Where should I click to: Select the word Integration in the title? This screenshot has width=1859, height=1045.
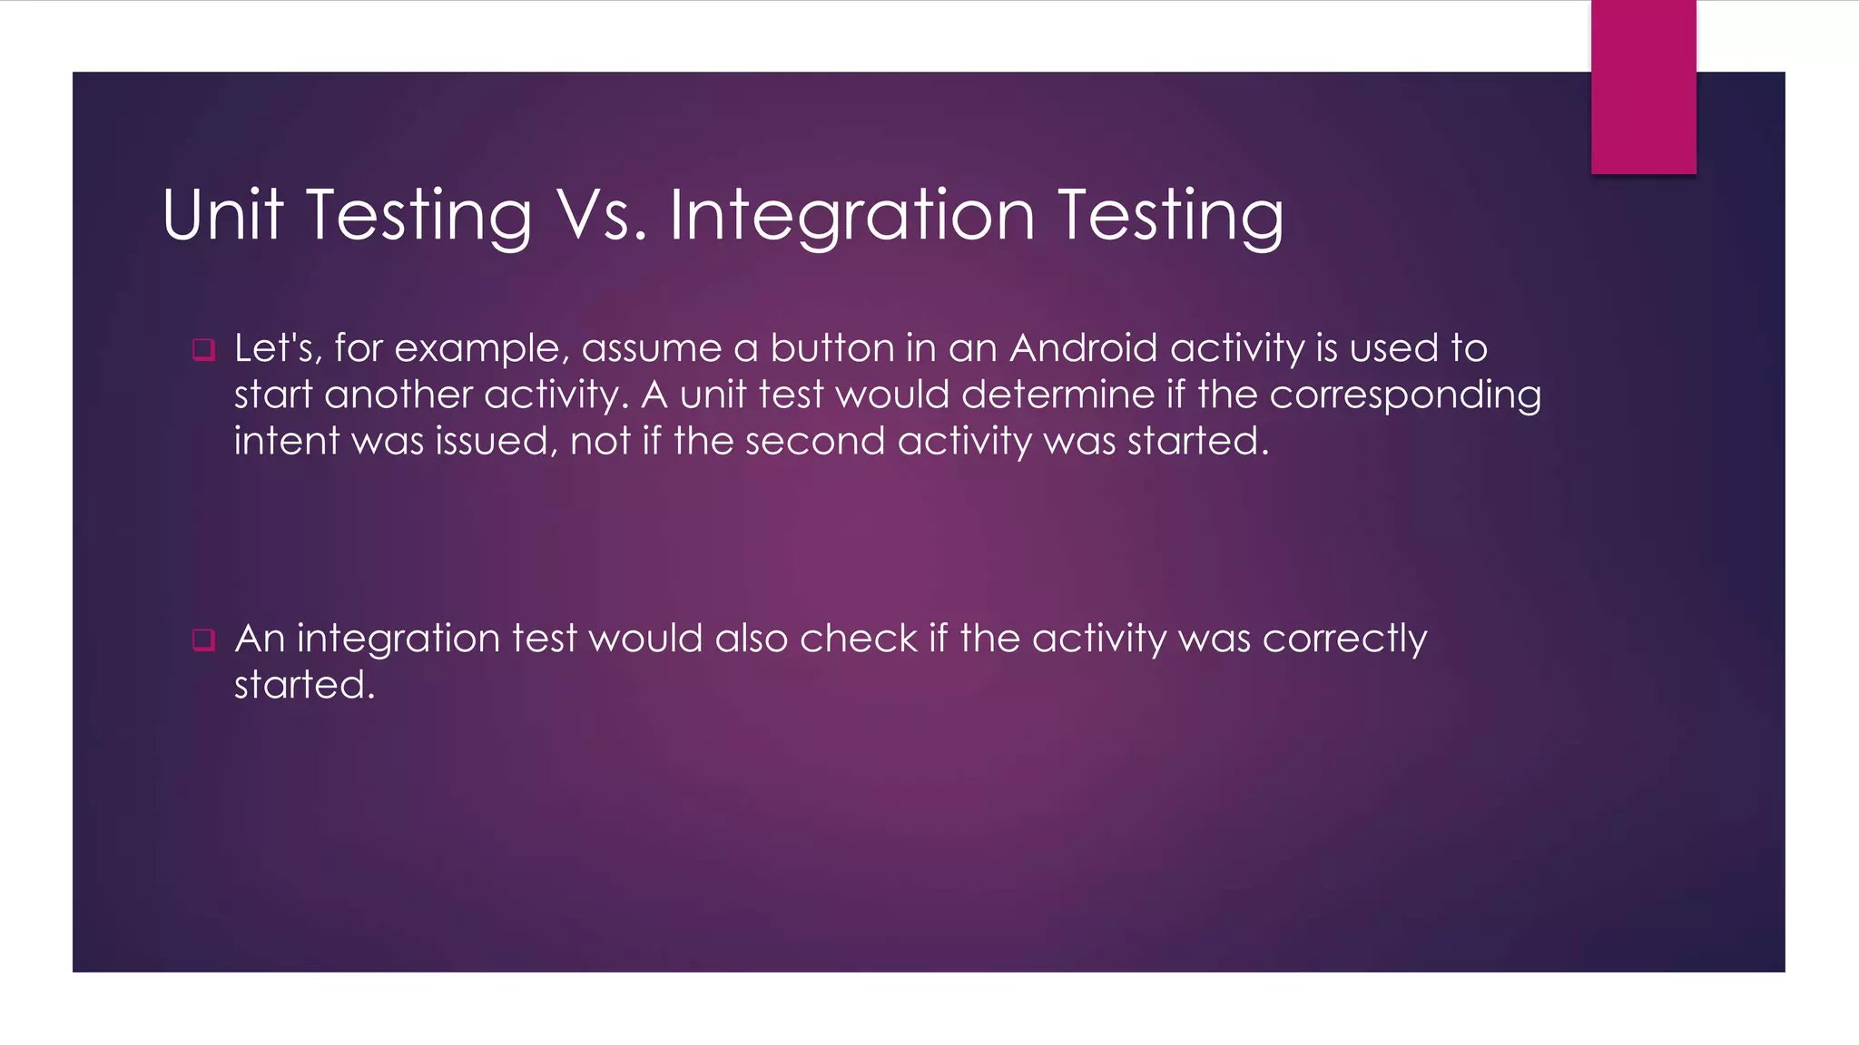pyautogui.click(x=852, y=216)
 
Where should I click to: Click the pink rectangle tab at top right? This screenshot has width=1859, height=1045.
pyautogui.click(x=1643, y=87)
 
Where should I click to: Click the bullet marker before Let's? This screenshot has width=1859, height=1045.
pyautogui.click(x=203, y=349)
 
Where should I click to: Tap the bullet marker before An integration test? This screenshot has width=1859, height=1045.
pyautogui.click(x=203, y=640)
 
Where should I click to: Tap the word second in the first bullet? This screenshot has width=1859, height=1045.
pyautogui.click(x=814, y=441)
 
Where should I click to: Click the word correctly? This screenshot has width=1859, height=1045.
pyautogui.click(x=1344, y=640)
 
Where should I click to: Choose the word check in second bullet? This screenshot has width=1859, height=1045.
pyautogui.click(x=858, y=638)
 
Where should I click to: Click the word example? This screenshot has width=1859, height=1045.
pyautogui.click(x=482, y=349)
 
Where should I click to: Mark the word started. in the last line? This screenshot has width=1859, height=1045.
pyautogui.click(x=304, y=685)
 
